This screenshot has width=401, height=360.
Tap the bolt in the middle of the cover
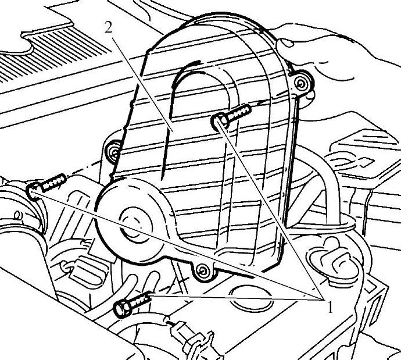[x=231, y=115]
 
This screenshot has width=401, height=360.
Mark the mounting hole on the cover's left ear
[x=113, y=152]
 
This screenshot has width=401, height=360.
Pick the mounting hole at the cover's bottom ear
[x=202, y=269]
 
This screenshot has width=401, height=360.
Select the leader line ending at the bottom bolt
[x=232, y=298]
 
